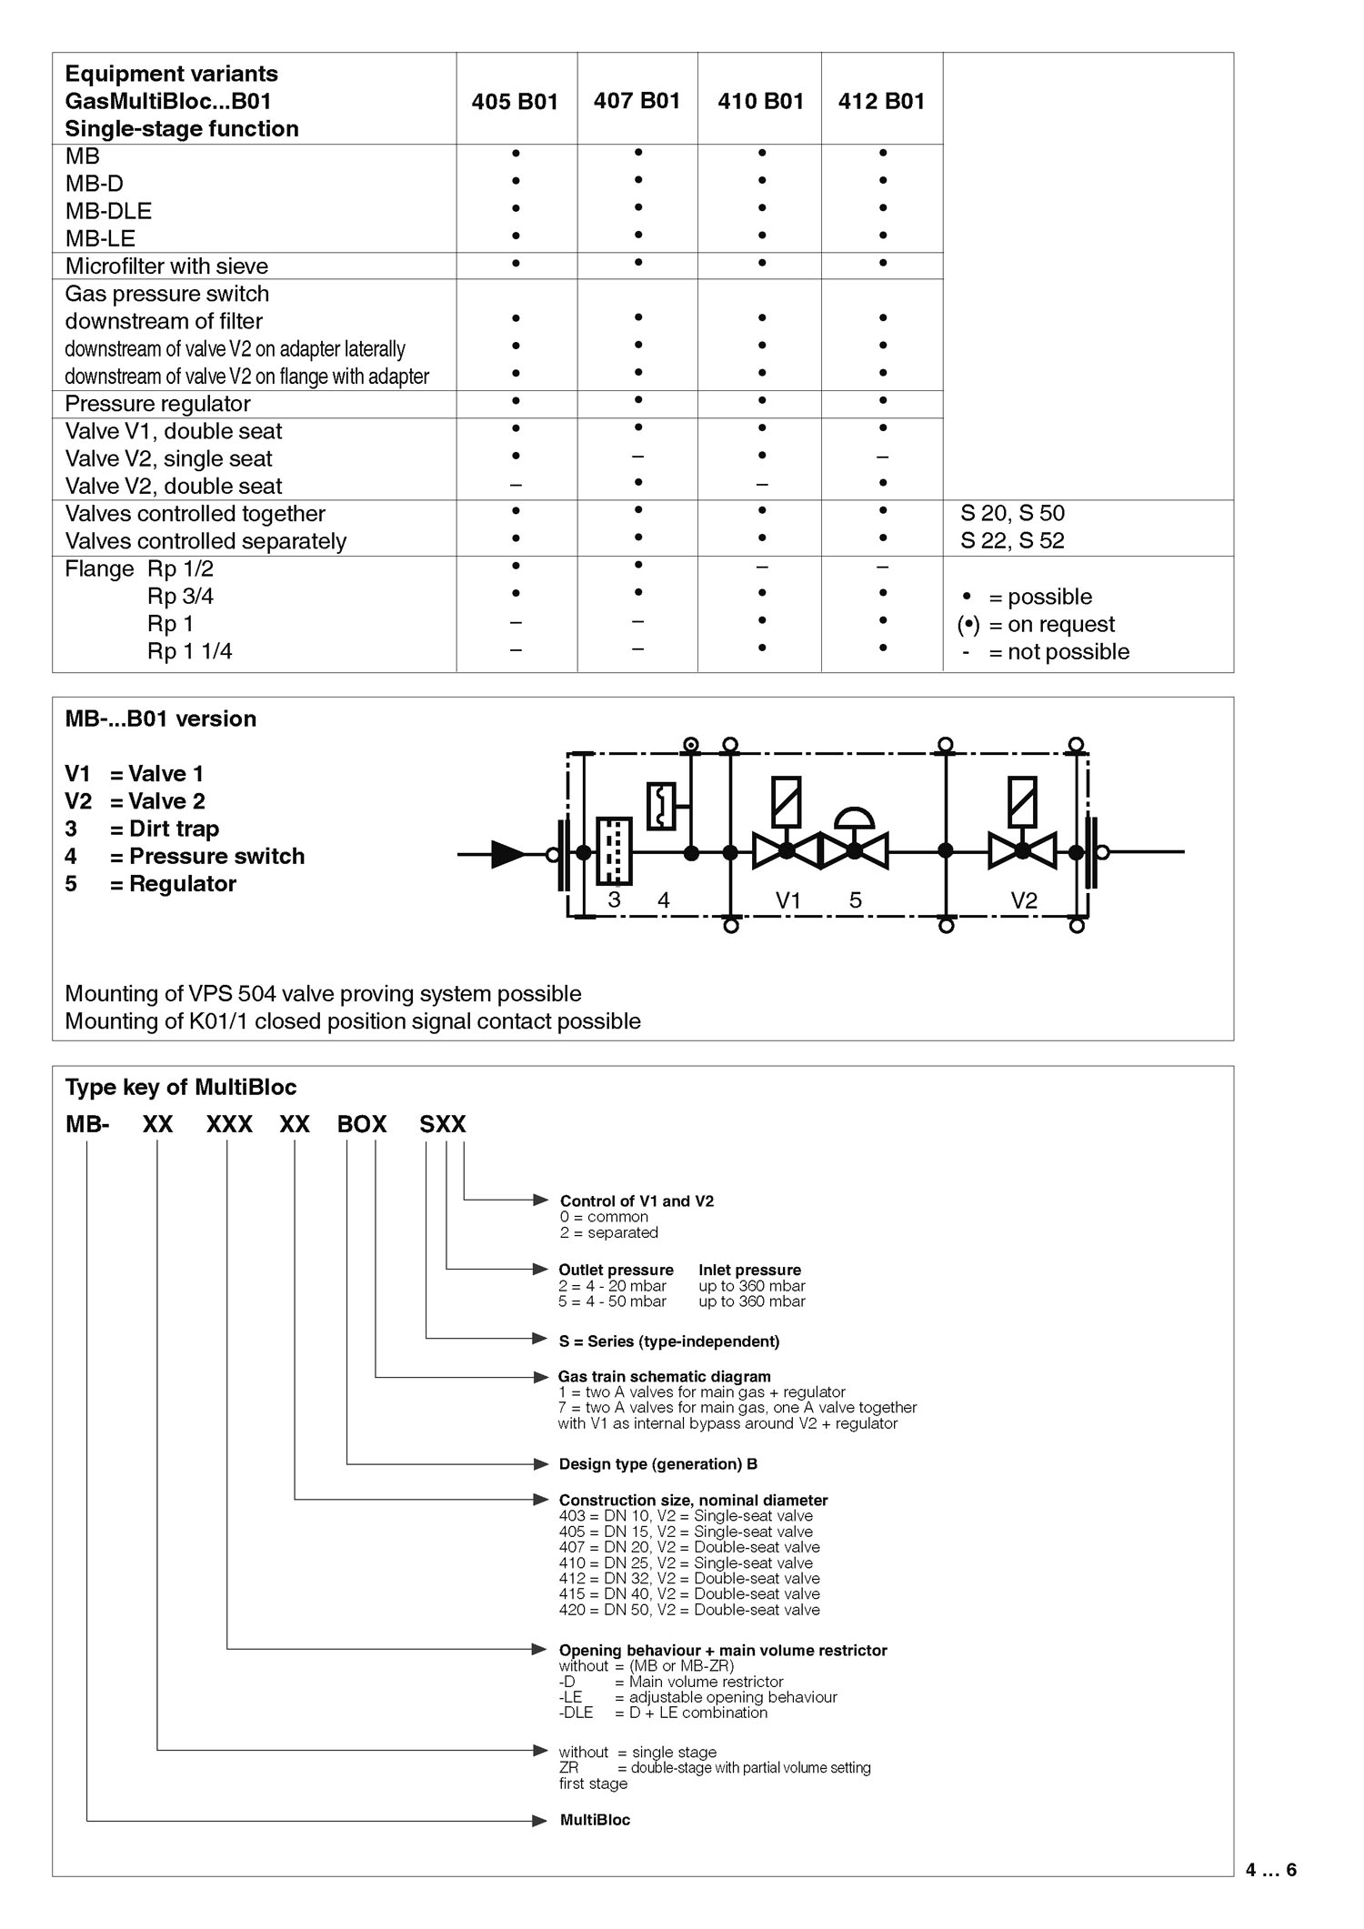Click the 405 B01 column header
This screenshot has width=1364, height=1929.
click(x=515, y=101)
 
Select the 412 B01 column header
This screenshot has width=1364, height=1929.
click(x=881, y=101)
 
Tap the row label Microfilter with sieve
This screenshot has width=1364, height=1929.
click(x=166, y=266)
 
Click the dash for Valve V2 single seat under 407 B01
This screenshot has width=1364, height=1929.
click(x=637, y=457)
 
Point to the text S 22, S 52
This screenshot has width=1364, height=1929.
click(x=1012, y=540)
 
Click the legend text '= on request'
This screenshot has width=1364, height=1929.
click(x=1052, y=625)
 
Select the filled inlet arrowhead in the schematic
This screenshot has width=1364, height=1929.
click(x=507, y=853)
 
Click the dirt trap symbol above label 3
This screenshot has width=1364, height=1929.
click(x=614, y=850)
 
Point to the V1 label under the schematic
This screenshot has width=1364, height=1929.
click(x=787, y=900)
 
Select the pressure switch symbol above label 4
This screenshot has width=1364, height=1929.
click(x=661, y=806)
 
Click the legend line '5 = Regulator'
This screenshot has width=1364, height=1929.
click(x=150, y=884)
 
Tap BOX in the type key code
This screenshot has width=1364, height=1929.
click(x=362, y=1124)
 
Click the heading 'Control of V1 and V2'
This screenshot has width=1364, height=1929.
click(x=637, y=1201)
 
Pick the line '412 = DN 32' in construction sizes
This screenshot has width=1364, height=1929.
click(x=689, y=1578)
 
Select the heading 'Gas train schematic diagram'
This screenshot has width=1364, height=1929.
click(x=665, y=1377)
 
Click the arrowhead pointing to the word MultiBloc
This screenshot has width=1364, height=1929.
click(x=540, y=1820)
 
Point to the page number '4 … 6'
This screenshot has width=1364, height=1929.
click(x=1271, y=1870)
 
